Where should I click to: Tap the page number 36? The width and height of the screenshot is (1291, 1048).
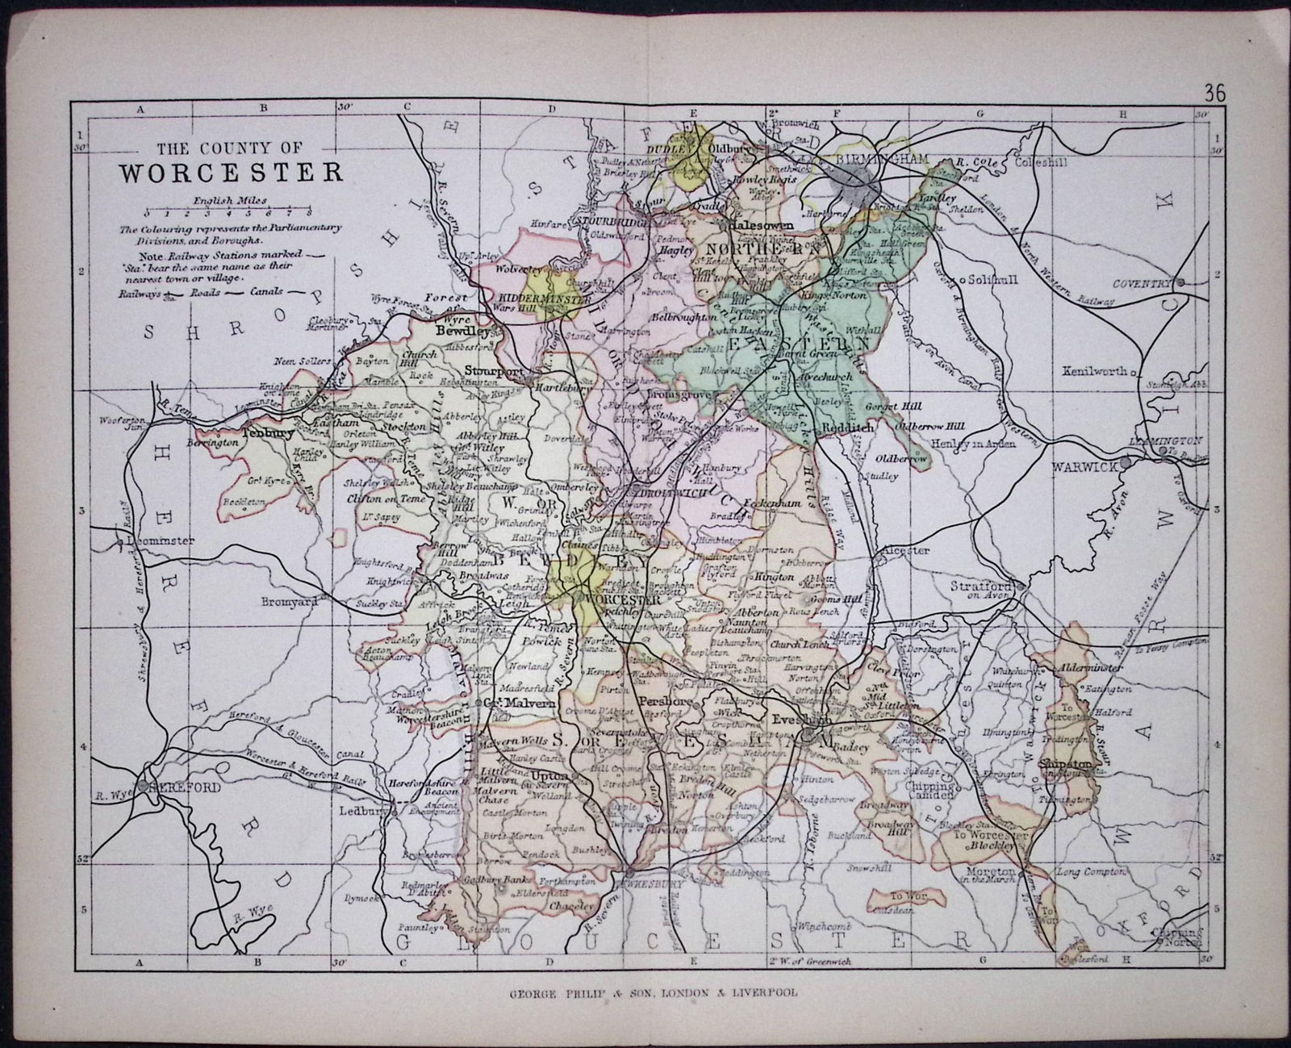point(1214,93)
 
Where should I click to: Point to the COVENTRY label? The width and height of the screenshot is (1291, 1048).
point(1139,283)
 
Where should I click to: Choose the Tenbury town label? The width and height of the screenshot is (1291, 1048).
point(268,432)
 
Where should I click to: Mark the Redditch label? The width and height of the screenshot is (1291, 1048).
point(847,429)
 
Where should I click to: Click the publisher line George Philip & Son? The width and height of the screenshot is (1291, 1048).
point(653,993)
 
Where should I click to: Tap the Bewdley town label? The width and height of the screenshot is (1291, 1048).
point(463,331)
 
